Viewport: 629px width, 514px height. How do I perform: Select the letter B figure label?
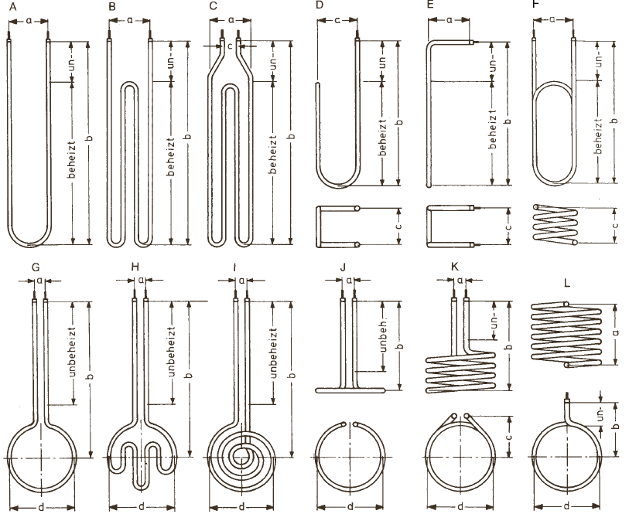click(x=113, y=7)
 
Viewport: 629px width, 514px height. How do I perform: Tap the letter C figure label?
click(x=214, y=7)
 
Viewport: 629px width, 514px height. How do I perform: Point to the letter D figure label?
click(x=319, y=7)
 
